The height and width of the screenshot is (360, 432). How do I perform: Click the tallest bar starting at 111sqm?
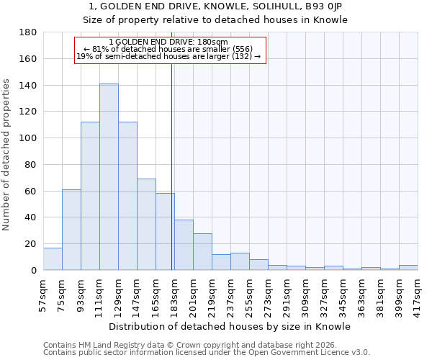click(x=109, y=177)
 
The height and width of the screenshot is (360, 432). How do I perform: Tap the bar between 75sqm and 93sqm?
click(x=71, y=230)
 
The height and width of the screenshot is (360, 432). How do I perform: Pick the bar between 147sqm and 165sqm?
click(x=146, y=225)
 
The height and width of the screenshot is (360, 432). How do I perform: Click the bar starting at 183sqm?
click(x=184, y=245)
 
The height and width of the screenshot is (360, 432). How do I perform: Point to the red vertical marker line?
click(x=171, y=166)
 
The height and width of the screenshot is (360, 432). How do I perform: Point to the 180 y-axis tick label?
click(x=28, y=32)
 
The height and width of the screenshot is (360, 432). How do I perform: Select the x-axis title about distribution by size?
click(x=230, y=326)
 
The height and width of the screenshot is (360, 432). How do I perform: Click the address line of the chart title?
click(x=215, y=6)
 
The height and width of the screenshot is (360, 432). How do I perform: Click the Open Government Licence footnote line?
click(x=207, y=352)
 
